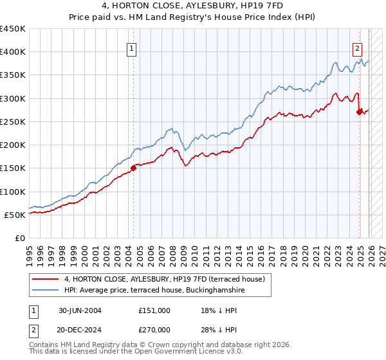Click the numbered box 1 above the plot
tap(131, 48)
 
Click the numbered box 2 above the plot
tap(357, 48)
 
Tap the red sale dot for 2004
tap(133, 168)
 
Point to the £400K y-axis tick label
tap(13, 52)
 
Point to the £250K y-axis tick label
tap(13, 122)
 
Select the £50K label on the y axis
tap(15, 215)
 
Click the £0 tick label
tap(20, 238)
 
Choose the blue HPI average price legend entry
tap(154, 291)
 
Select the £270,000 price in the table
tap(154, 328)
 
